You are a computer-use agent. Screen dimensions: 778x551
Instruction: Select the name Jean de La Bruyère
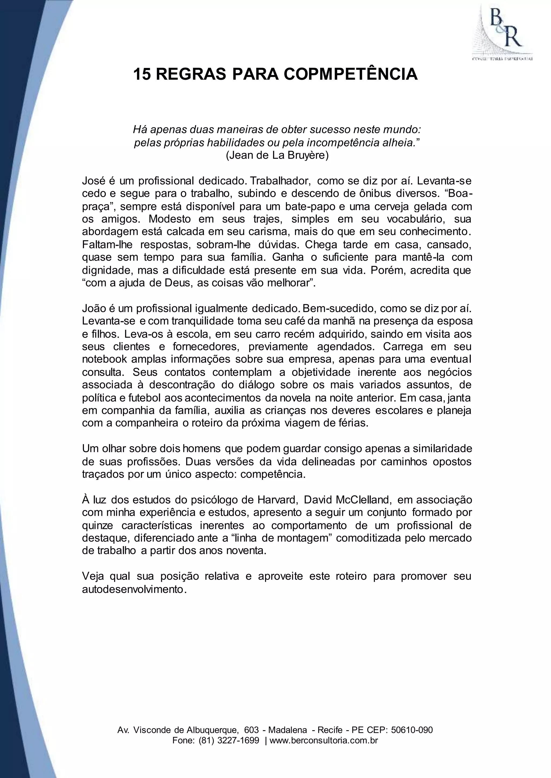(x=277, y=156)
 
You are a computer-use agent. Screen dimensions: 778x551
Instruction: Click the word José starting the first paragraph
(x=93, y=181)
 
